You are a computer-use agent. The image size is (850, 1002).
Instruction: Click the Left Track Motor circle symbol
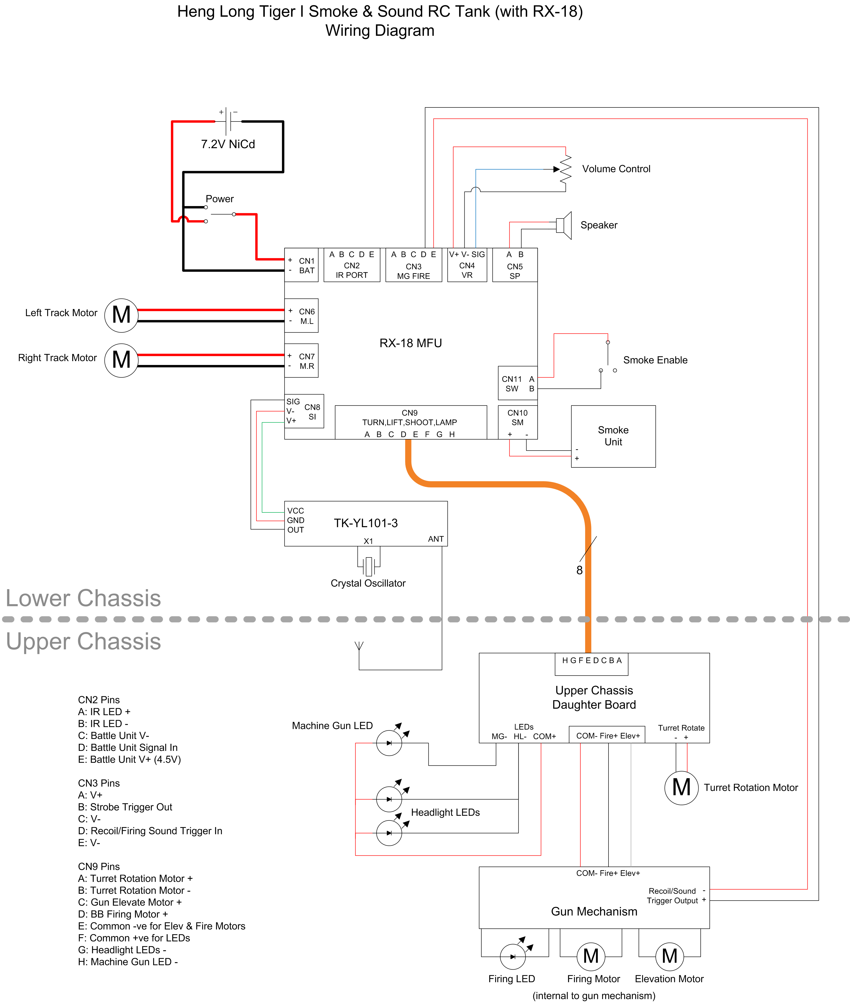121,315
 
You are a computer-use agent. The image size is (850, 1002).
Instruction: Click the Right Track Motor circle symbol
121,360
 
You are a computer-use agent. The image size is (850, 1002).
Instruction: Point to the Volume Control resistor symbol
566,169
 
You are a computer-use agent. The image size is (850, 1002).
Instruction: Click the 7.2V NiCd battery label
228,144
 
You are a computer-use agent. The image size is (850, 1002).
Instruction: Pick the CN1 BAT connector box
301,265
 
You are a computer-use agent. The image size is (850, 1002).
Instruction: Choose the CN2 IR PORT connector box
352,265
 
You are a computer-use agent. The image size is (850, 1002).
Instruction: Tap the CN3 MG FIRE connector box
413,265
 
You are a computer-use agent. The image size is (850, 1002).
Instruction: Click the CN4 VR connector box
467,265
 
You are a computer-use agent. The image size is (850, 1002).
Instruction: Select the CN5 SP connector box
515,265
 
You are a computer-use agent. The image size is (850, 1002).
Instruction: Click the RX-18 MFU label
411,343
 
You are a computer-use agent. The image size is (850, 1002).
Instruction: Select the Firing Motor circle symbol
591,956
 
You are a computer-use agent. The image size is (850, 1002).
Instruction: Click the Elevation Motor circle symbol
669,956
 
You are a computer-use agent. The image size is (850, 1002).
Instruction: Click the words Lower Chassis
83,598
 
